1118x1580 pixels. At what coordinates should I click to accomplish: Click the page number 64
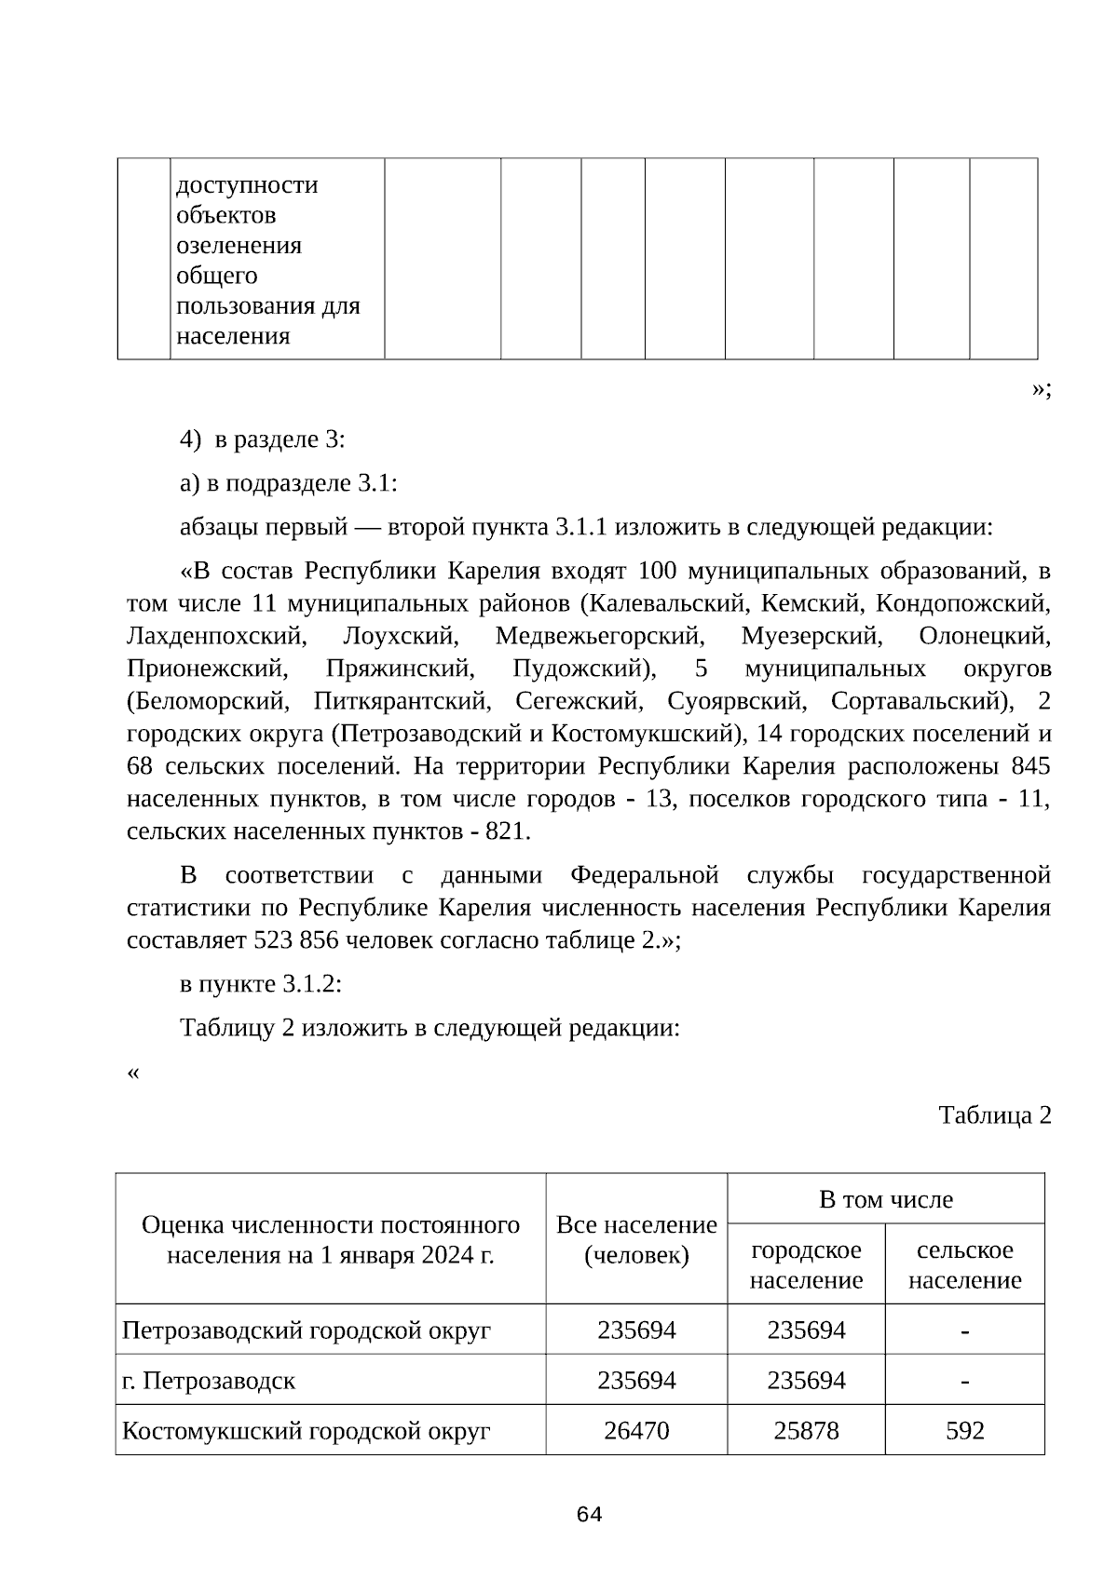(x=589, y=1515)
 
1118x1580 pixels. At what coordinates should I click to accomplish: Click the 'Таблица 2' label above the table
(x=994, y=1115)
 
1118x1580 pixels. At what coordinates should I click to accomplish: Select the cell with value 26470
(x=636, y=1430)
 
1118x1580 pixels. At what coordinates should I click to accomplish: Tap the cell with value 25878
(x=806, y=1430)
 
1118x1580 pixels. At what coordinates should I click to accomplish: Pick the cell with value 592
(x=964, y=1430)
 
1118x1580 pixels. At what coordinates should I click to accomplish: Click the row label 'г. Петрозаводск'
(x=209, y=1380)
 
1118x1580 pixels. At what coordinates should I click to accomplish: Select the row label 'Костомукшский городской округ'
(x=307, y=1430)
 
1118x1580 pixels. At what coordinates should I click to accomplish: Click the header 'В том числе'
(x=885, y=1199)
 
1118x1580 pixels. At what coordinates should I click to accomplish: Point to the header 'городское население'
(x=806, y=1264)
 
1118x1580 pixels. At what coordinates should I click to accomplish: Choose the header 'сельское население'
(x=964, y=1264)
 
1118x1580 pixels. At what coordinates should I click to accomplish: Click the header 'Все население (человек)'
(x=636, y=1239)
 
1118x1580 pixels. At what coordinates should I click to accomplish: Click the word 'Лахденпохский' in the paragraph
(x=215, y=637)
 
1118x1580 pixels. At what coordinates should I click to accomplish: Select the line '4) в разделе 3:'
(x=263, y=439)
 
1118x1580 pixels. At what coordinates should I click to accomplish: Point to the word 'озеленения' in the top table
(x=239, y=246)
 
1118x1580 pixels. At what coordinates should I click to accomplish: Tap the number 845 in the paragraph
(x=1029, y=766)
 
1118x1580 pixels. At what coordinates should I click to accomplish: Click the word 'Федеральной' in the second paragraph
(x=644, y=875)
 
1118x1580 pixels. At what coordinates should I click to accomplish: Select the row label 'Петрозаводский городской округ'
(x=307, y=1330)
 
